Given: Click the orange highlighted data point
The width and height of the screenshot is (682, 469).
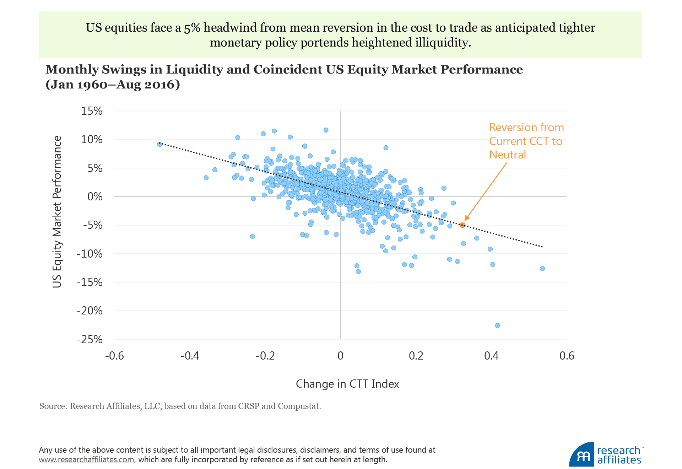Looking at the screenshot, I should (x=462, y=225).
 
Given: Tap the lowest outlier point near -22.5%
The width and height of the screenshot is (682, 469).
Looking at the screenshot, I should (x=497, y=325).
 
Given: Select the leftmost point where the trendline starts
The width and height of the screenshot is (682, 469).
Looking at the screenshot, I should (x=159, y=144).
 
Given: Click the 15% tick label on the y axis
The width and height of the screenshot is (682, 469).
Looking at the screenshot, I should (x=92, y=111).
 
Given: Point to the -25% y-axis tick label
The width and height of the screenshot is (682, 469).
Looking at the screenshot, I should (x=90, y=339).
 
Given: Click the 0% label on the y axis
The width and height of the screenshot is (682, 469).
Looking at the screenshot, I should (x=95, y=196).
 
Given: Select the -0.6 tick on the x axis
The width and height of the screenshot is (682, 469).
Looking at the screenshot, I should (x=114, y=356).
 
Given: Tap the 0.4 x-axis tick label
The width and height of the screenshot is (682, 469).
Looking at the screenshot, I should (x=491, y=356).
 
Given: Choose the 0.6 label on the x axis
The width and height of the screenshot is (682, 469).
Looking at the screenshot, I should (x=567, y=356).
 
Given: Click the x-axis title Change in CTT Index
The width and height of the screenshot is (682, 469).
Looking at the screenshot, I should (x=347, y=384).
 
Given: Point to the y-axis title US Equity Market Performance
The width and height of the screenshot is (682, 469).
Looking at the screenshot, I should (x=57, y=211).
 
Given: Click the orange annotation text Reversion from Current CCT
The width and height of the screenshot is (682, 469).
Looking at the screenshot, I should (x=526, y=141).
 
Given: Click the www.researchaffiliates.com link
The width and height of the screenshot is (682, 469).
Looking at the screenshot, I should (x=86, y=459).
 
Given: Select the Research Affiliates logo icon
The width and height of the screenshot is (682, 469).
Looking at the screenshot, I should (x=582, y=455).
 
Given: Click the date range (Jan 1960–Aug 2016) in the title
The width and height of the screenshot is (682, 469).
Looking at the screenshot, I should (x=113, y=85).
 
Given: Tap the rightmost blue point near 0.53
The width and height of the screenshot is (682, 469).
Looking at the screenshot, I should (x=542, y=269).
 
